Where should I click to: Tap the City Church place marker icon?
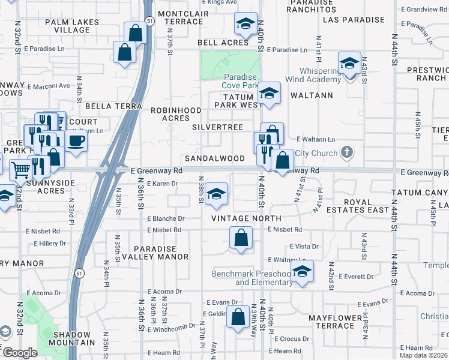pyautogui.click(x=347, y=153)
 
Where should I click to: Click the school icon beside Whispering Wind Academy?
pyautogui.click(x=349, y=63)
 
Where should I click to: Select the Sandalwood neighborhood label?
pyautogui.click(x=214, y=158)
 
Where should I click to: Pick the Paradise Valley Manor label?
pyautogui.click(x=155, y=253)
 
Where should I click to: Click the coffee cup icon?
pyautogui.click(x=76, y=141)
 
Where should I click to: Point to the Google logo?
pyautogui.click(x=20, y=353)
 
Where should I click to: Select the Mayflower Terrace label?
pyautogui.click(x=331, y=322)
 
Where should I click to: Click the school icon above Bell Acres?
pyautogui.click(x=245, y=23)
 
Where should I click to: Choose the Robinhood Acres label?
pyautogui.click(x=175, y=114)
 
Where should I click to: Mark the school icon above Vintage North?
pyautogui.click(x=217, y=193)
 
